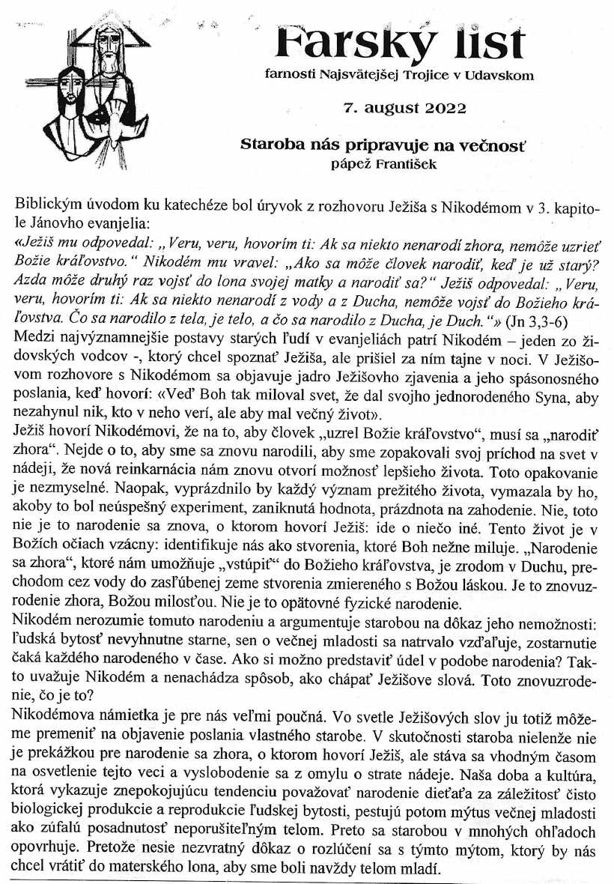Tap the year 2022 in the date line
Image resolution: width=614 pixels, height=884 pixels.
click(x=445, y=107)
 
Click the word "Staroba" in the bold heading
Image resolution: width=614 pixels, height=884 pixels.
click(x=270, y=145)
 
